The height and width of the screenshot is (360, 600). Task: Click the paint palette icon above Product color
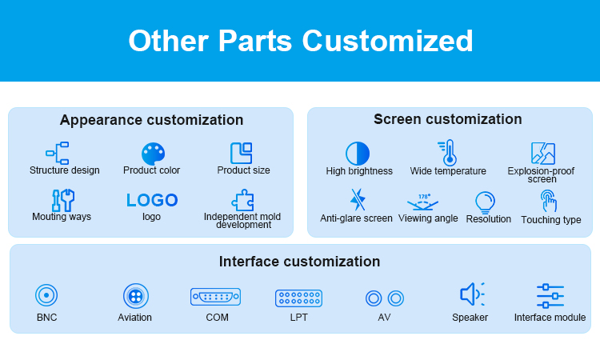click(x=153, y=154)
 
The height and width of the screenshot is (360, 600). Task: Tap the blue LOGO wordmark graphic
click(x=152, y=200)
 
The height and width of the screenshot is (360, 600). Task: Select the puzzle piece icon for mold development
click(x=242, y=200)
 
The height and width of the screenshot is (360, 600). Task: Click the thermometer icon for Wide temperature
click(x=448, y=152)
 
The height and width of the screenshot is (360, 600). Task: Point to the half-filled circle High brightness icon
click(x=358, y=154)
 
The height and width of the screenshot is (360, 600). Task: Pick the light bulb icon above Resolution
click(x=486, y=202)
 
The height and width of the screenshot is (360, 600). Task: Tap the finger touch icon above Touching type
click(x=549, y=201)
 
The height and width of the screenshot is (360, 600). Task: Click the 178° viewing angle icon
click(x=422, y=202)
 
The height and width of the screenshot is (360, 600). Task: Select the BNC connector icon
click(x=46, y=295)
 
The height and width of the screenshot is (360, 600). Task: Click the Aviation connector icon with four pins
click(x=135, y=296)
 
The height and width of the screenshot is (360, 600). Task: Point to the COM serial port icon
click(x=215, y=297)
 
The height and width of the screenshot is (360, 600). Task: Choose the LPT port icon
click(x=298, y=298)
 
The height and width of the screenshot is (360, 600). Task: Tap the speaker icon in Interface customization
click(x=471, y=294)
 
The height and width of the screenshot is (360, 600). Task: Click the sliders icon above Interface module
click(x=550, y=296)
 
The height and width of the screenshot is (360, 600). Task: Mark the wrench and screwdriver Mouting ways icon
click(x=63, y=200)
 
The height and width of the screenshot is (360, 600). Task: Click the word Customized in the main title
click(x=388, y=41)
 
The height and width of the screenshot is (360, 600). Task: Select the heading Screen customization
click(x=448, y=119)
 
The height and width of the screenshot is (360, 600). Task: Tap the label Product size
click(x=243, y=170)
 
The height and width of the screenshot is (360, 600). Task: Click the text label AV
click(x=384, y=318)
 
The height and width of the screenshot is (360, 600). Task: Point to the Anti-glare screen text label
click(x=356, y=218)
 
